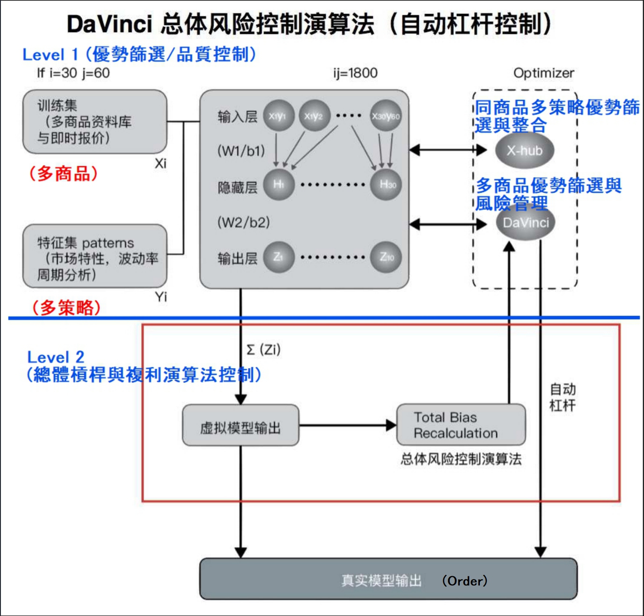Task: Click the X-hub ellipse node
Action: click(524, 150)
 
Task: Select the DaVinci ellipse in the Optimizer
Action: click(526, 223)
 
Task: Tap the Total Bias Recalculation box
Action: click(461, 425)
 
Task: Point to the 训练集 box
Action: click(94, 122)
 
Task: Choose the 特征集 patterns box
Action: click(94, 256)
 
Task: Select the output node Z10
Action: click(386, 257)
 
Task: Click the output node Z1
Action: click(278, 257)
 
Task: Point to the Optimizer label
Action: click(543, 73)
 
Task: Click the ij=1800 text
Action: click(355, 73)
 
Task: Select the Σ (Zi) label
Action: click(263, 350)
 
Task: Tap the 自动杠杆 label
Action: click(563, 397)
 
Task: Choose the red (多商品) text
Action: click(64, 174)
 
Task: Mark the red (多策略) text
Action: click(66, 308)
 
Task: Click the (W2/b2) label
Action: click(244, 222)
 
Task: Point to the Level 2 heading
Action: click(56, 357)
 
